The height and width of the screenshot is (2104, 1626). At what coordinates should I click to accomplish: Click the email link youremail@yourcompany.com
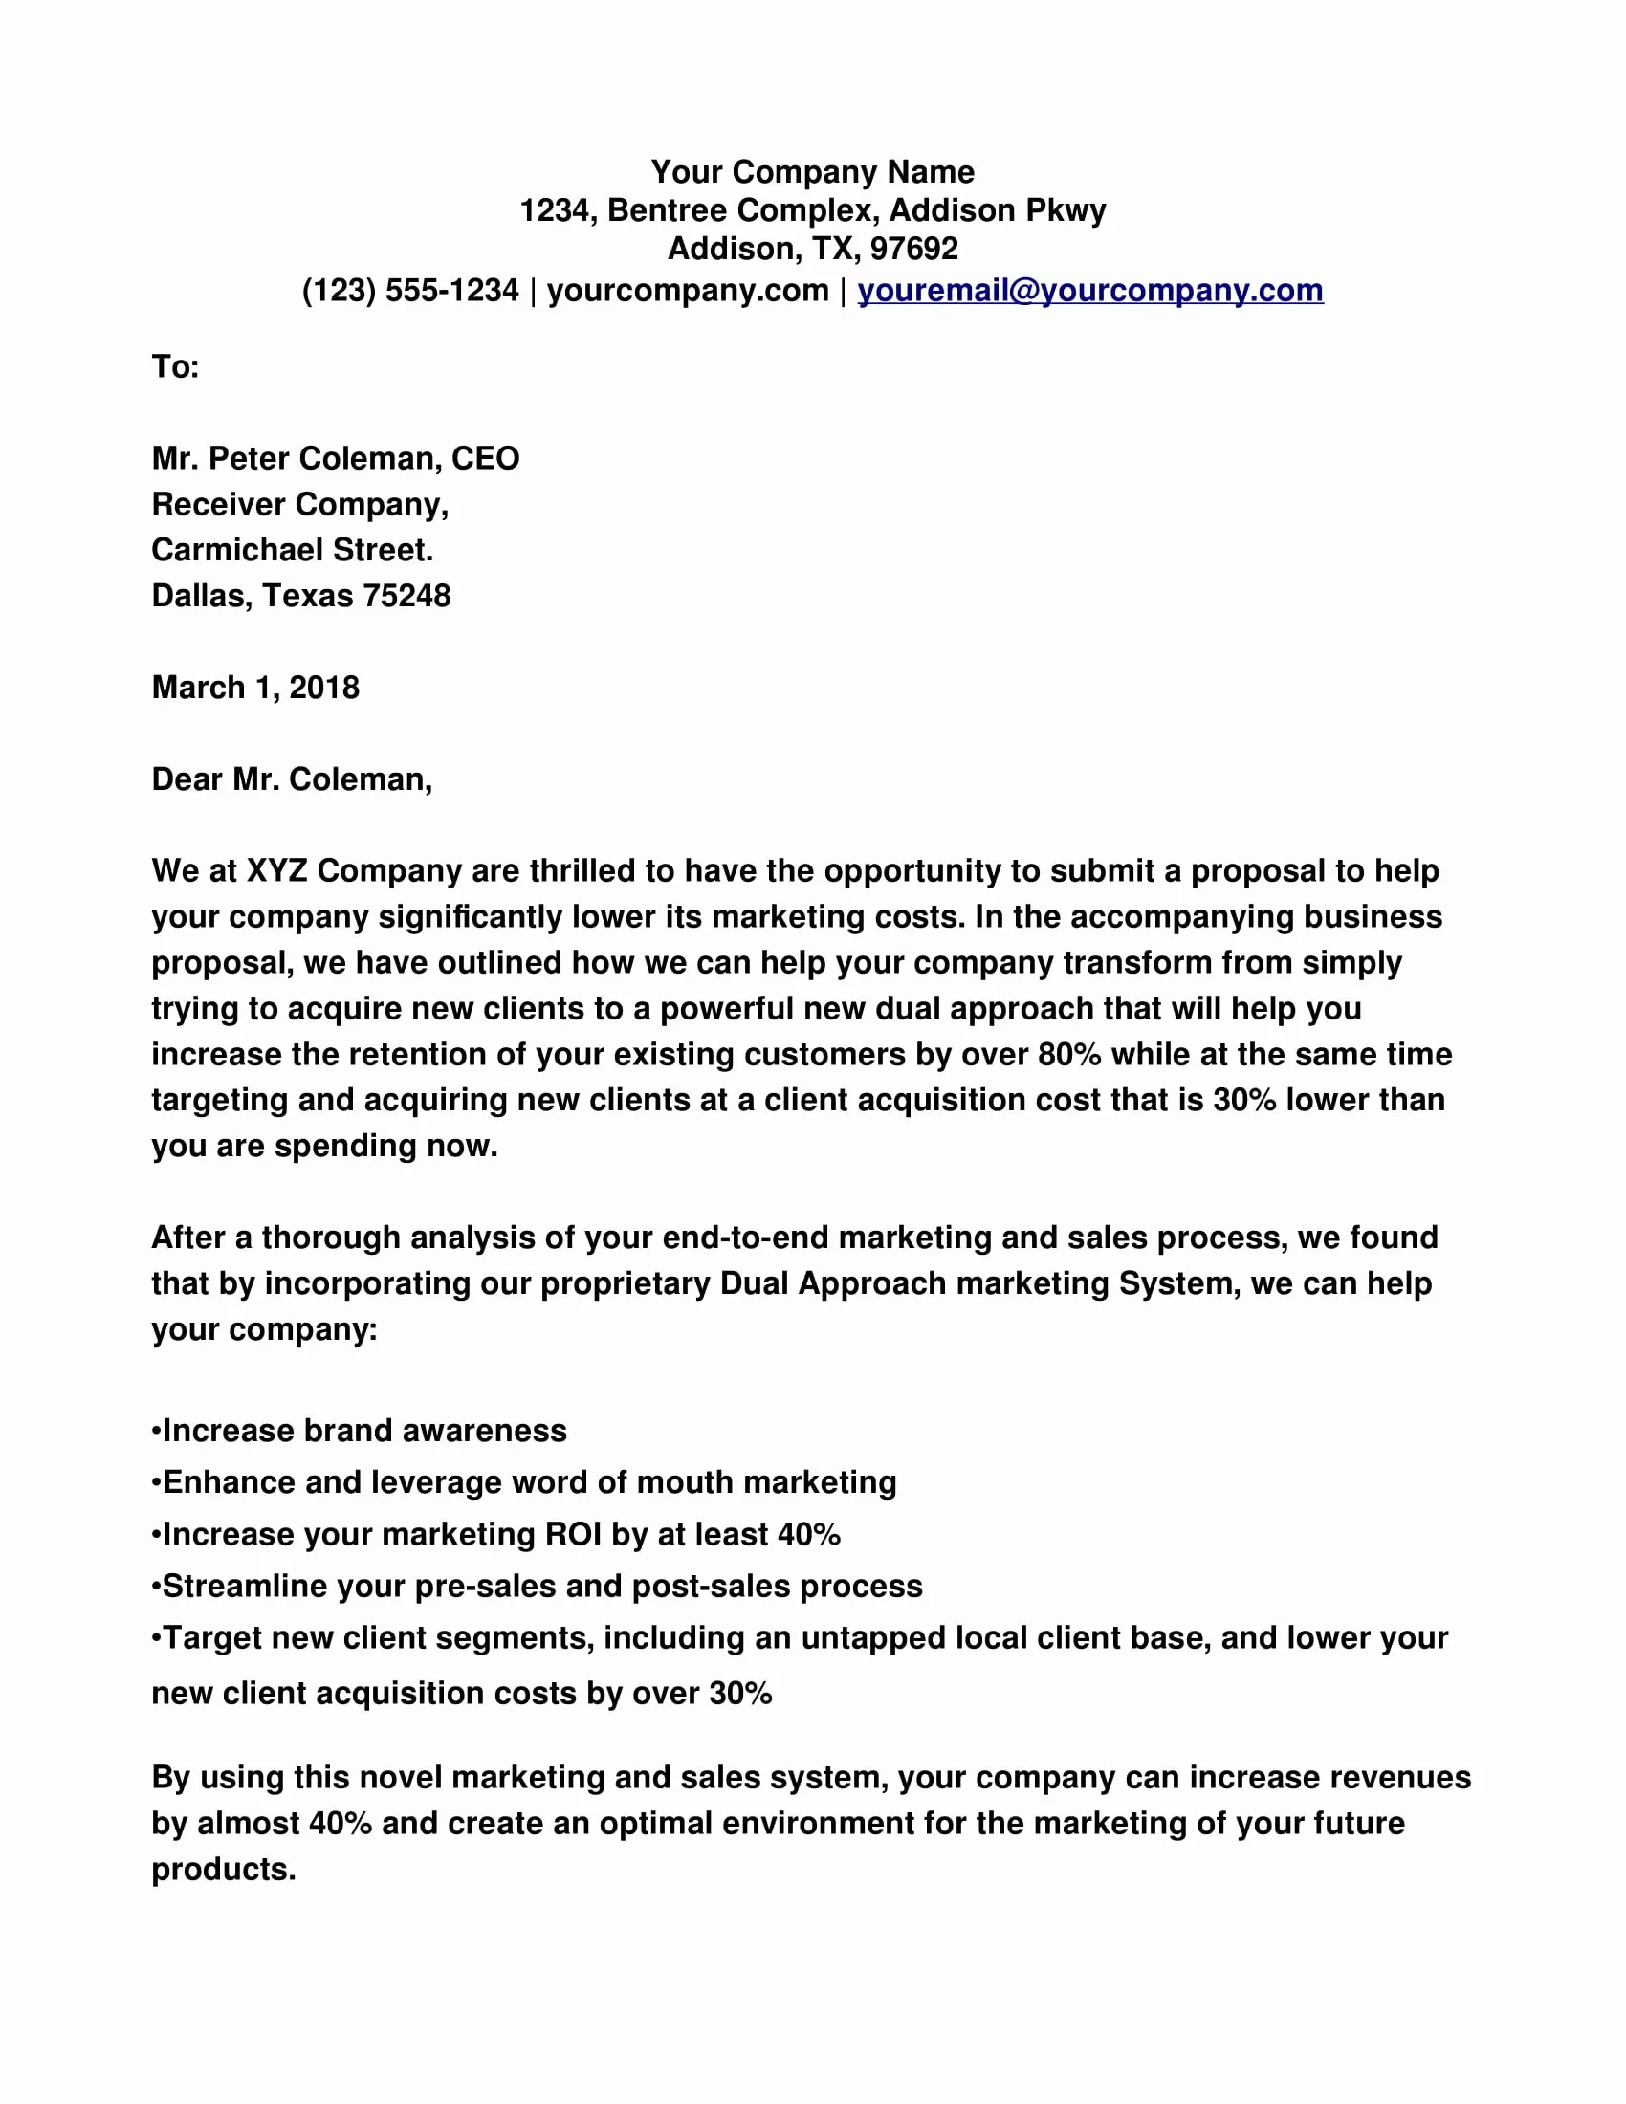click(1089, 290)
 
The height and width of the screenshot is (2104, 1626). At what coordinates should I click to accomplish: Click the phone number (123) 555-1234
click(410, 290)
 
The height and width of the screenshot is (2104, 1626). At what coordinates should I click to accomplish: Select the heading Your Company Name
click(812, 171)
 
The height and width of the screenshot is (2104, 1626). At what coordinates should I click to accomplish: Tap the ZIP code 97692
click(913, 249)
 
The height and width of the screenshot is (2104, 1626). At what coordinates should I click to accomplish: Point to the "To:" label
click(175, 366)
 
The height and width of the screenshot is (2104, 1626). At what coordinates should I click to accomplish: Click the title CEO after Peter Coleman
click(486, 457)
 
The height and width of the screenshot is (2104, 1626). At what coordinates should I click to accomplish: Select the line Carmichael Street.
click(292, 549)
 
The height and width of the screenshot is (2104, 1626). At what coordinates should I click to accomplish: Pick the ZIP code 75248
click(406, 596)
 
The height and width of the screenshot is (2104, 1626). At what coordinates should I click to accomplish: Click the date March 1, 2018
click(255, 687)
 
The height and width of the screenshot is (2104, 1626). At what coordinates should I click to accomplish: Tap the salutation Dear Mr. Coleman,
click(292, 778)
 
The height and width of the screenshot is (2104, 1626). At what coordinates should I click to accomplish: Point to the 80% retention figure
click(1069, 1054)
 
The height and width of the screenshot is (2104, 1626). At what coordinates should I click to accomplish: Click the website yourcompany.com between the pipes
click(688, 290)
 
